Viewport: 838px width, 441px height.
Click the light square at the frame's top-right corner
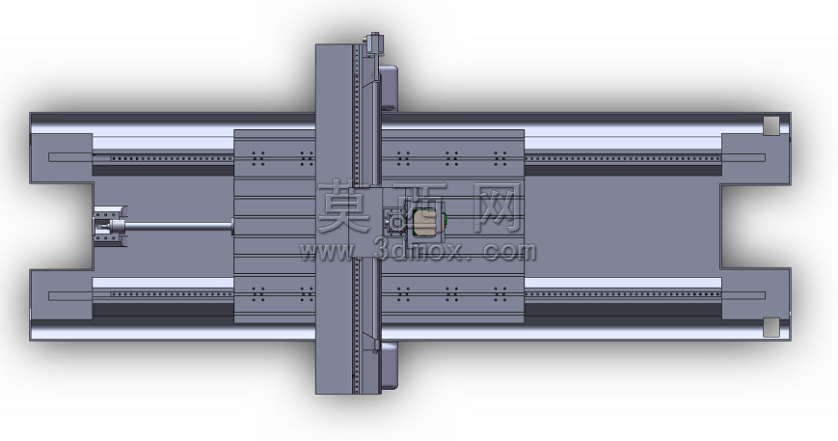pyautogui.click(x=771, y=125)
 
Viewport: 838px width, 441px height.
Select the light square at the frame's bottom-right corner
pyautogui.click(x=771, y=327)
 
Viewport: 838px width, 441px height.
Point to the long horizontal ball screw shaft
pyautogui.click(x=179, y=227)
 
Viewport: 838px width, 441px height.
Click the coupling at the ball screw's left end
pyautogui.click(x=110, y=227)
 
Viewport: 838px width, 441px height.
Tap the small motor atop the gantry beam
pyautogui.click(x=373, y=42)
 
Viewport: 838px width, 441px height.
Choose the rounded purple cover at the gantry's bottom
pyautogui.click(x=389, y=366)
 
